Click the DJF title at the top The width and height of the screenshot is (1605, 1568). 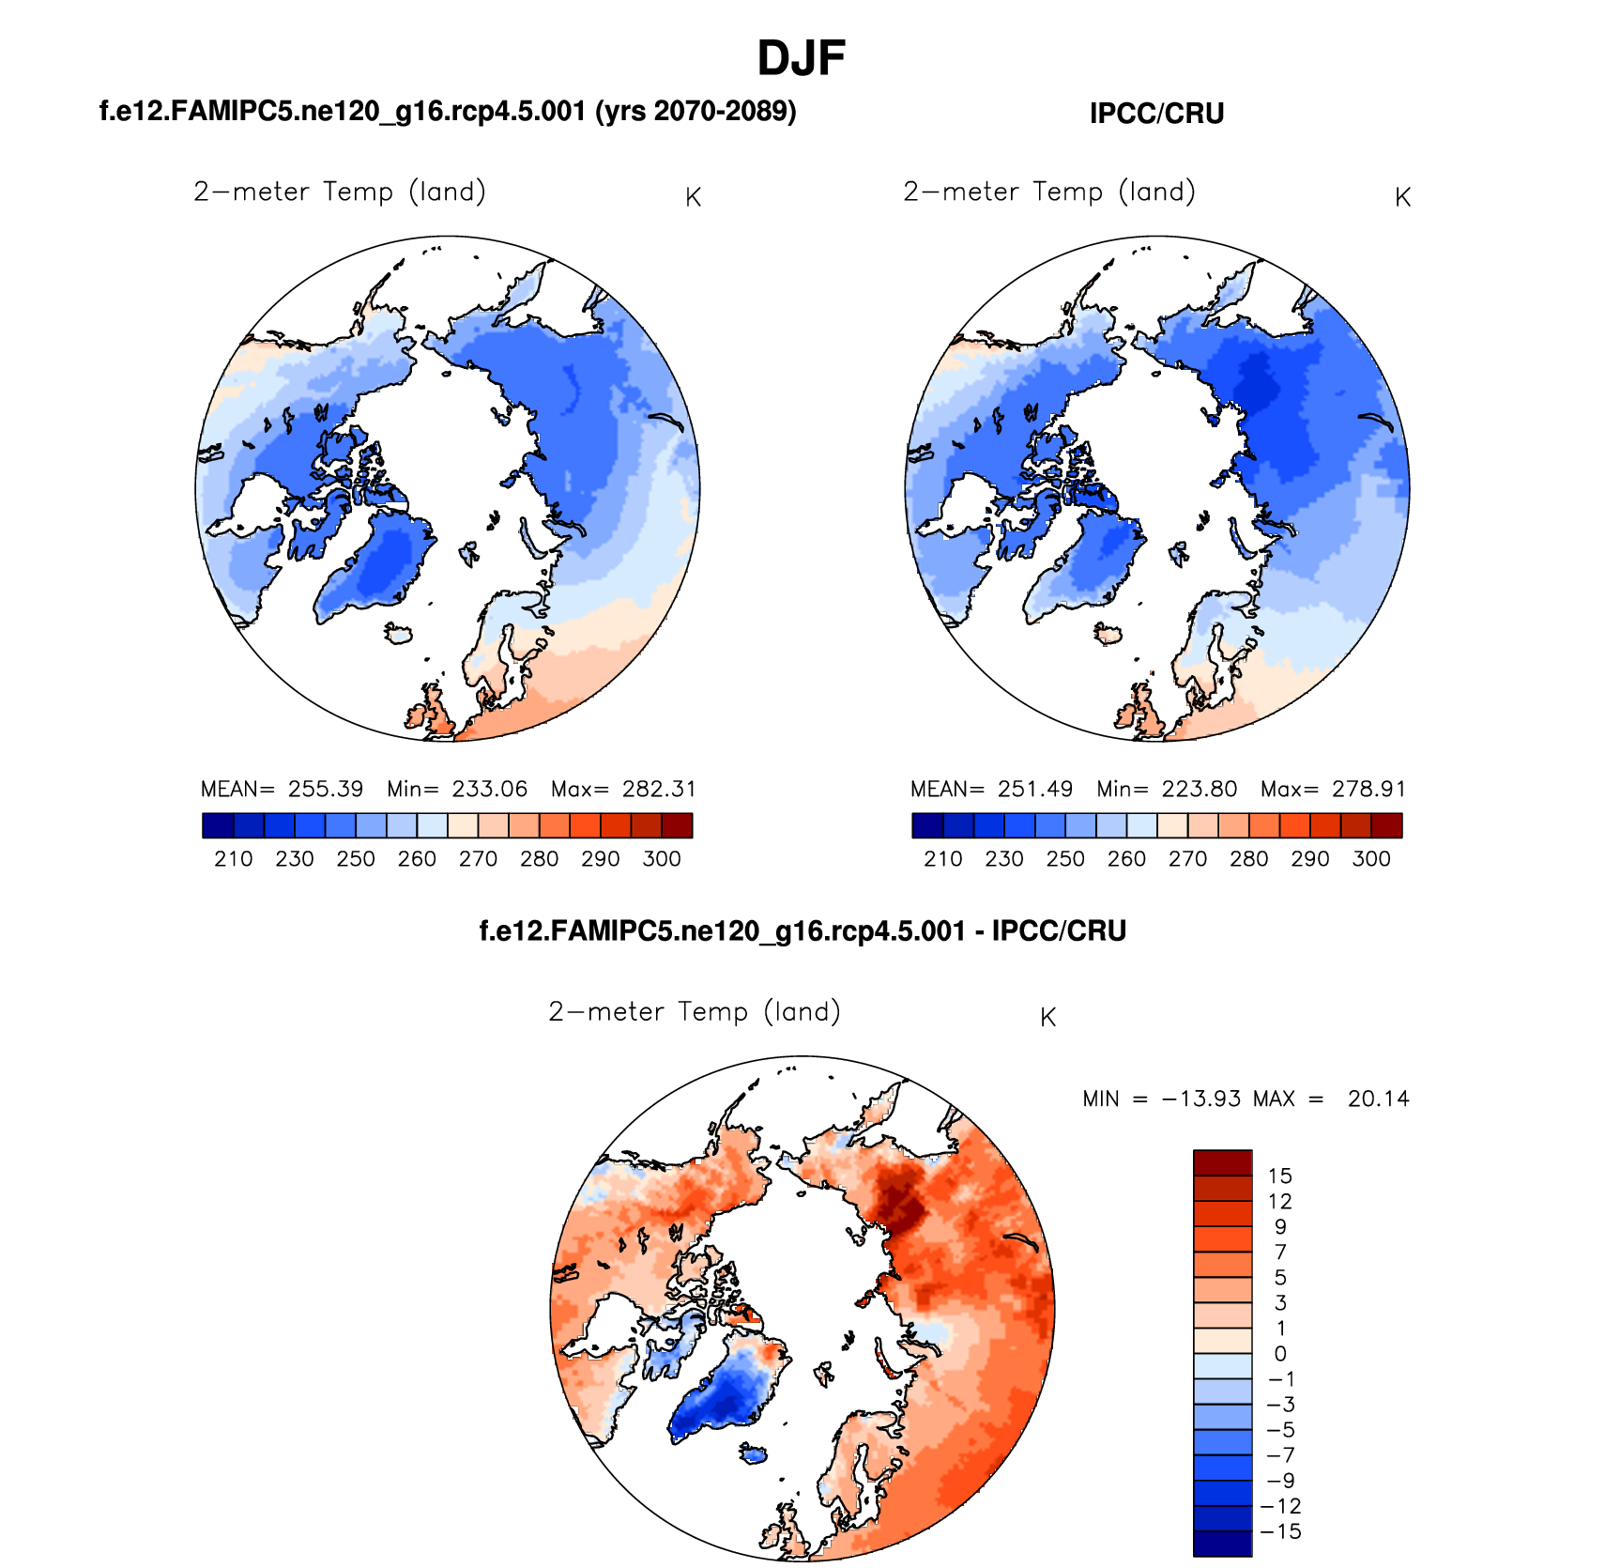click(801, 58)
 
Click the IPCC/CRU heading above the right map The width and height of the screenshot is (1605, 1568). click(1156, 114)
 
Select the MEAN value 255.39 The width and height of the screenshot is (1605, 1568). click(325, 789)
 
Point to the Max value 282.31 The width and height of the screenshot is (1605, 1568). click(659, 789)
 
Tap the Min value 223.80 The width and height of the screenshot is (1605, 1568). click(1199, 789)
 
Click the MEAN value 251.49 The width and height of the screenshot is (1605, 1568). click(1034, 789)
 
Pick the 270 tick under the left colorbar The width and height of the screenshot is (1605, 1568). click(478, 859)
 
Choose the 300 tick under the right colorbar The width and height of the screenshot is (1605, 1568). click(1371, 859)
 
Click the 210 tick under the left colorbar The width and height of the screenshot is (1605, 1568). click(233, 859)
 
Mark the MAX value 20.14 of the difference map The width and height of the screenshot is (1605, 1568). click(1378, 1099)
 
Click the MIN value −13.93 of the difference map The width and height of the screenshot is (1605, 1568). click(1201, 1099)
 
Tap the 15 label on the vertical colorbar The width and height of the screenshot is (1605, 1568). click(1279, 1176)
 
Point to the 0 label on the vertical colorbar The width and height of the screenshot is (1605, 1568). click(1280, 1354)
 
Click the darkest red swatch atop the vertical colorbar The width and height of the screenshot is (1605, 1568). click(1222, 1162)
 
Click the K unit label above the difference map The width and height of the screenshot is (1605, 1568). click(1048, 1018)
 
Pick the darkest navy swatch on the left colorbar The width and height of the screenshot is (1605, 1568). click(217, 825)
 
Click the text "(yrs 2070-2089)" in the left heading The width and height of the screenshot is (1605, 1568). click(695, 112)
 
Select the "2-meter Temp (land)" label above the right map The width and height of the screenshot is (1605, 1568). click(1049, 192)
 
